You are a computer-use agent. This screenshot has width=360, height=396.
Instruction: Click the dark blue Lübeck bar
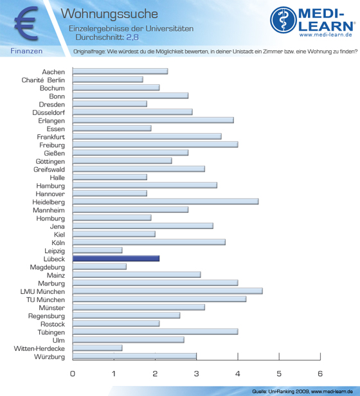pos(116,258)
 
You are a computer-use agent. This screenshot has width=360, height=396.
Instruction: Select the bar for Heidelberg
pos(165,202)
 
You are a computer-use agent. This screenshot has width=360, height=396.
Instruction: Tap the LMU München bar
pos(168,291)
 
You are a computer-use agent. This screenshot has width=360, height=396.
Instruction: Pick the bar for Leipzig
pos(98,250)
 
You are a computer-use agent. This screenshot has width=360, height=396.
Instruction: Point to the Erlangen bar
pos(153,120)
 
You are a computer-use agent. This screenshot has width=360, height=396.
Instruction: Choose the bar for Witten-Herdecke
pos(98,348)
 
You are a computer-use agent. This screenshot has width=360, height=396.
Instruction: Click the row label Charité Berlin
pos(43,80)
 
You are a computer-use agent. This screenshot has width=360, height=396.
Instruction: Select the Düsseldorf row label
pos(48,113)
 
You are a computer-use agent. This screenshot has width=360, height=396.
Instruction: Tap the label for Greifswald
pos(49,170)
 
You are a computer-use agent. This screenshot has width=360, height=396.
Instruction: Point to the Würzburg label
pos(50,357)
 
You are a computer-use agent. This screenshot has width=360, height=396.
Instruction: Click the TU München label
pos(46,300)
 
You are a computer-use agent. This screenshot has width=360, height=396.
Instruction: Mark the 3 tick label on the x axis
pos(196,373)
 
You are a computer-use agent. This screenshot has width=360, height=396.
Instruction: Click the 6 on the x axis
pos(320,373)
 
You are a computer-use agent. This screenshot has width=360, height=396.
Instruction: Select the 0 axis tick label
pos(73,373)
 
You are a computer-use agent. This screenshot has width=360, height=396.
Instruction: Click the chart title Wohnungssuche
pos(109,14)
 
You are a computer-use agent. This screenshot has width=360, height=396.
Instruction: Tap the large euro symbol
pos(26,24)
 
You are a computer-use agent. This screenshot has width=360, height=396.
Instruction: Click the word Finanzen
pos(26,51)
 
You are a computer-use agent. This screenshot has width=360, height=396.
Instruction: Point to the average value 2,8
pos(132,37)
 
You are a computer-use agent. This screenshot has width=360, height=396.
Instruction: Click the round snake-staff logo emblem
pos(283,20)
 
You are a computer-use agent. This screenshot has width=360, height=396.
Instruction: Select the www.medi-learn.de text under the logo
pos(326,35)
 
